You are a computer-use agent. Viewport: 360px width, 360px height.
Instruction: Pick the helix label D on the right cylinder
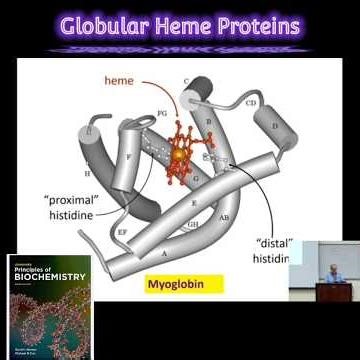(274, 127)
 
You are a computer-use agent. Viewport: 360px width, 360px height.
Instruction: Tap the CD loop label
(251, 102)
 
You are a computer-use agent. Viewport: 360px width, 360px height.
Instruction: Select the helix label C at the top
(186, 80)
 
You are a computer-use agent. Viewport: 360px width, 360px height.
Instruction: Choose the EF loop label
(121, 231)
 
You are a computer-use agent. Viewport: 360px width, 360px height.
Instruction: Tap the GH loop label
(192, 224)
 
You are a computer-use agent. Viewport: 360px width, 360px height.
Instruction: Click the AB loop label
(224, 216)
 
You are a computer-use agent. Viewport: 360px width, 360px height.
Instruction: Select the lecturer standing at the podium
(334, 272)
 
